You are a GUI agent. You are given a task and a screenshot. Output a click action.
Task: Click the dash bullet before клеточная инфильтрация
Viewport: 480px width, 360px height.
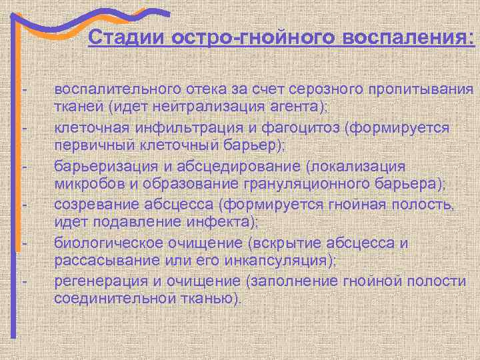(25, 127)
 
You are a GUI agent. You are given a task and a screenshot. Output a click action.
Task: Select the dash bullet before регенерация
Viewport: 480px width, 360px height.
(25, 279)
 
